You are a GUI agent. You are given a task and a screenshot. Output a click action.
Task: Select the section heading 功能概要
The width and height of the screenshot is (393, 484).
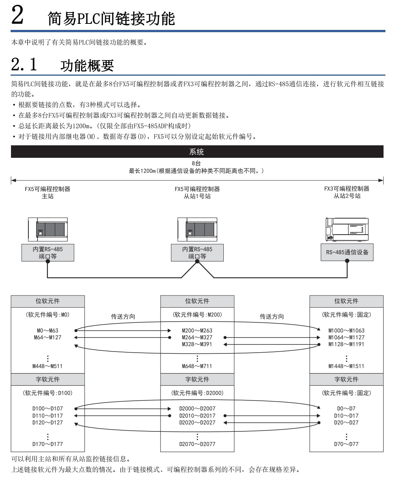coord(87,66)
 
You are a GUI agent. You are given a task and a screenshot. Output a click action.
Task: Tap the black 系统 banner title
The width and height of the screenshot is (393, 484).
coord(196,152)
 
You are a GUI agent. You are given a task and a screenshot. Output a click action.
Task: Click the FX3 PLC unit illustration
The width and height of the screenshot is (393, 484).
coord(347,229)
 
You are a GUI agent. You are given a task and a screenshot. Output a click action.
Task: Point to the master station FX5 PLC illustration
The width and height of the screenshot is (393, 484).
coord(48,229)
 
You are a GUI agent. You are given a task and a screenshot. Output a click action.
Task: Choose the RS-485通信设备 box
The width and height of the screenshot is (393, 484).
coord(347,252)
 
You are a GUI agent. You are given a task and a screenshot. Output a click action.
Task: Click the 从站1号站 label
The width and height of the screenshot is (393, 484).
coord(197,196)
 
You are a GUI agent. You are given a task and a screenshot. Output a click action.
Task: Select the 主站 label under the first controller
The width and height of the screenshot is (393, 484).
coord(47,196)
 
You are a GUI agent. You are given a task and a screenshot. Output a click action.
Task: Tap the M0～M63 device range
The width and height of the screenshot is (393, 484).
coord(48,330)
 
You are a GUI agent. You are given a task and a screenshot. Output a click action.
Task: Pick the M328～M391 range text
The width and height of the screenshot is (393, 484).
coord(197,344)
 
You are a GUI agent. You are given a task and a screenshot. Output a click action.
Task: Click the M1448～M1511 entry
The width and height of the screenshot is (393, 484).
coord(346,366)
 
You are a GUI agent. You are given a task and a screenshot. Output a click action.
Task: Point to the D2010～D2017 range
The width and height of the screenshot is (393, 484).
coord(197,416)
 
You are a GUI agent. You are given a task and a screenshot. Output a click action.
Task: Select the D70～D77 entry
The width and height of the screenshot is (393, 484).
coord(346,444)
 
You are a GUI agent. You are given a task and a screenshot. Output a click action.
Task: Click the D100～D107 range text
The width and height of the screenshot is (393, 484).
coord(48,409)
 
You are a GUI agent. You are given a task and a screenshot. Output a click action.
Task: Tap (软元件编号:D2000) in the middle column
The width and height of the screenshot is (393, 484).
coord(197,393)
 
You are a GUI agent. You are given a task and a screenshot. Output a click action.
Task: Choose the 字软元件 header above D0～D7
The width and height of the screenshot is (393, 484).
coord(346,379)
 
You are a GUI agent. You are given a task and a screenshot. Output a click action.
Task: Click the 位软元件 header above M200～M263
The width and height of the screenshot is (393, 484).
coord(197,301)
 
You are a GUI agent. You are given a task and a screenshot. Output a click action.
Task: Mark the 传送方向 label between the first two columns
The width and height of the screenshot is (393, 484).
coord(123,316)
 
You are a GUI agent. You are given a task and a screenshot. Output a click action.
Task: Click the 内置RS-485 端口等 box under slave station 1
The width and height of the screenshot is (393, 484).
coord(197,252)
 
